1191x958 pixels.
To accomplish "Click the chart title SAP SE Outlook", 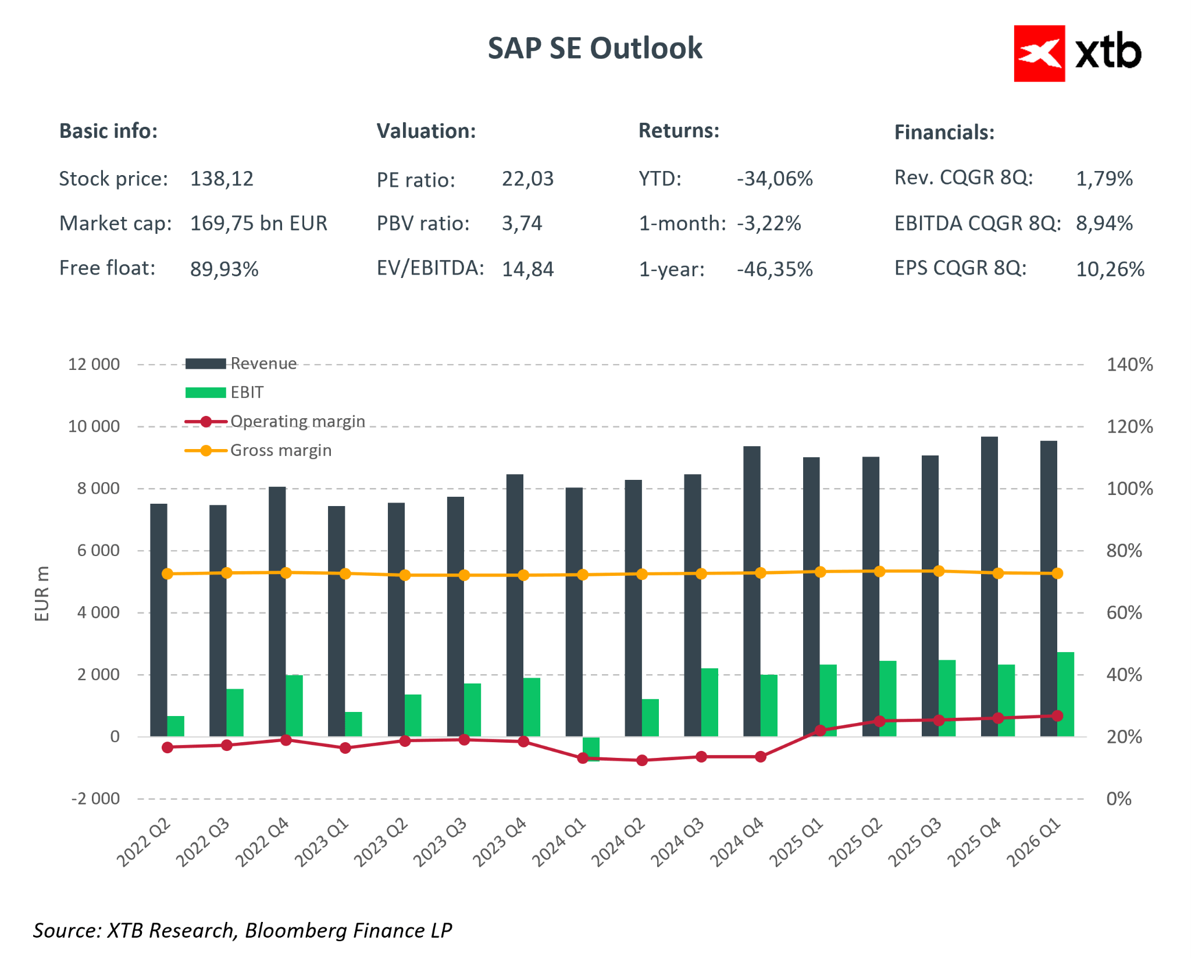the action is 595,48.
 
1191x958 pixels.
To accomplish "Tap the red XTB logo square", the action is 1039,54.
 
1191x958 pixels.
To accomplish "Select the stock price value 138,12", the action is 222,179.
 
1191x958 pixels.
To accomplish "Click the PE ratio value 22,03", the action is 527,179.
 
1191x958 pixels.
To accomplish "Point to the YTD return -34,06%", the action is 775,179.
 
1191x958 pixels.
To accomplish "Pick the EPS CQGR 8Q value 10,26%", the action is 1110,269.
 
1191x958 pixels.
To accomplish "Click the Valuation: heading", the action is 426,131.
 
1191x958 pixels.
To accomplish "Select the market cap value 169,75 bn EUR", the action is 259,223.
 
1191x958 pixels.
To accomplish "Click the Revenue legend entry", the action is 241,364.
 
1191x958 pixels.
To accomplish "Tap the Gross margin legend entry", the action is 258,450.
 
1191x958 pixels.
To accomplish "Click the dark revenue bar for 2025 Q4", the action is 989,586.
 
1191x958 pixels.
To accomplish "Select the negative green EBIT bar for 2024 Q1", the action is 591,749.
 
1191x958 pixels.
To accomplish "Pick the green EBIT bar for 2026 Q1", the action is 1065,695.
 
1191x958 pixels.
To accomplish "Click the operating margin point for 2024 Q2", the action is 642,760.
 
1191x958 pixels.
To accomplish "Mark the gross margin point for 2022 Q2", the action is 167,574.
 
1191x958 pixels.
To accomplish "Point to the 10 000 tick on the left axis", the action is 94,426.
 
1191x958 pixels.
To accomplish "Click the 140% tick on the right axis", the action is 1129,365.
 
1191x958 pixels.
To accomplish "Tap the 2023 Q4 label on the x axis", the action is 500,842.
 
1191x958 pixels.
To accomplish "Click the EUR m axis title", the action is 42,593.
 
